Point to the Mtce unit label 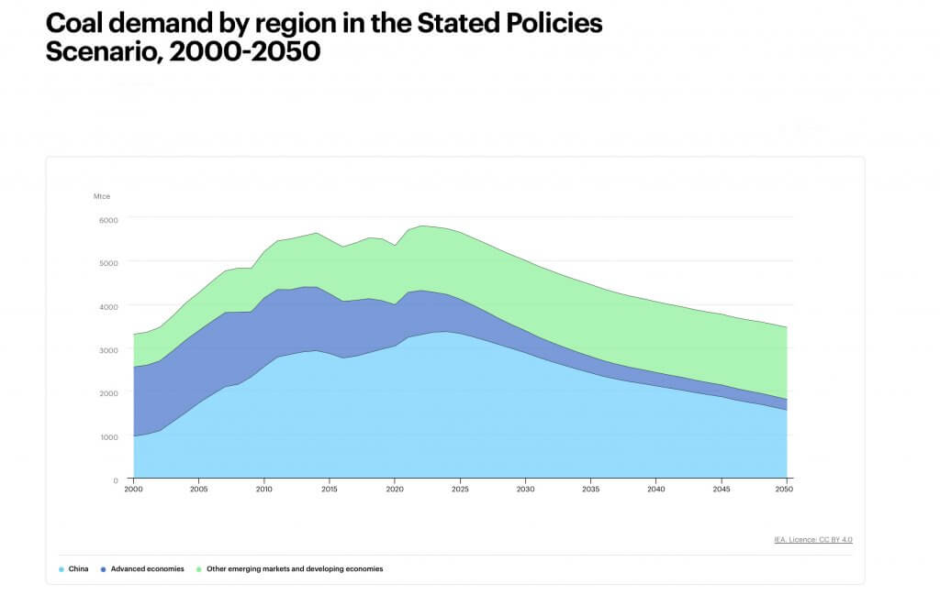[101, 196]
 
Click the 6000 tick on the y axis [108, 220]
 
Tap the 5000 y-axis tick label [108, 263]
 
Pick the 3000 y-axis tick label [108, 350]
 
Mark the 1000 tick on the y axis [108, 437]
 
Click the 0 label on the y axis [116, 480]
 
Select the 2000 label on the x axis [134, 490]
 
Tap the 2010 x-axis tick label [264, 490]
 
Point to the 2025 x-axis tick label [460, 490]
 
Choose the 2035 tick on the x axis [590, 490]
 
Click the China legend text [78, 569]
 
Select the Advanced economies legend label [148, 569]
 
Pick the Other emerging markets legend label [294, 569]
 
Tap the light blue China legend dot [62, 569]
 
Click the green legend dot [198, 569]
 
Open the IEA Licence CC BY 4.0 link [812, 539]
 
